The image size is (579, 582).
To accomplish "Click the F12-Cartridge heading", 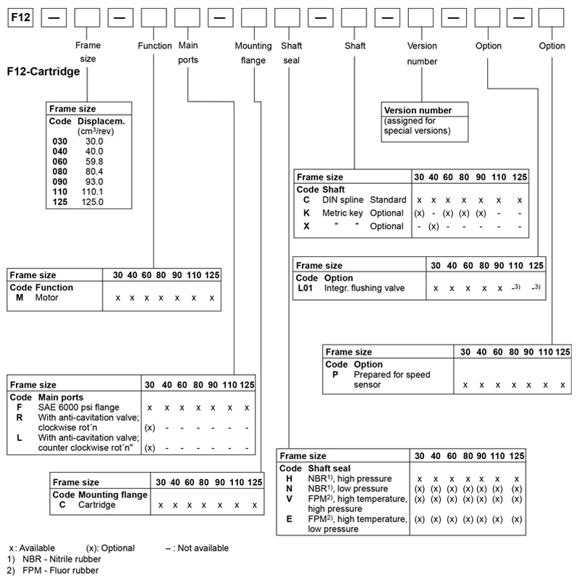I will (43, 73).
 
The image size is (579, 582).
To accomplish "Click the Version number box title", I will (418, 111).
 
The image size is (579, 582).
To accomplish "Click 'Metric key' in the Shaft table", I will (345, 213).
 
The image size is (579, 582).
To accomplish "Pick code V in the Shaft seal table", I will (289, 499).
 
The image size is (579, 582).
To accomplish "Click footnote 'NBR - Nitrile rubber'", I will (59, 559).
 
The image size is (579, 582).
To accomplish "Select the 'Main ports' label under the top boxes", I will (188, 52).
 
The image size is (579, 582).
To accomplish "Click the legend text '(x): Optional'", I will (110, 548).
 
